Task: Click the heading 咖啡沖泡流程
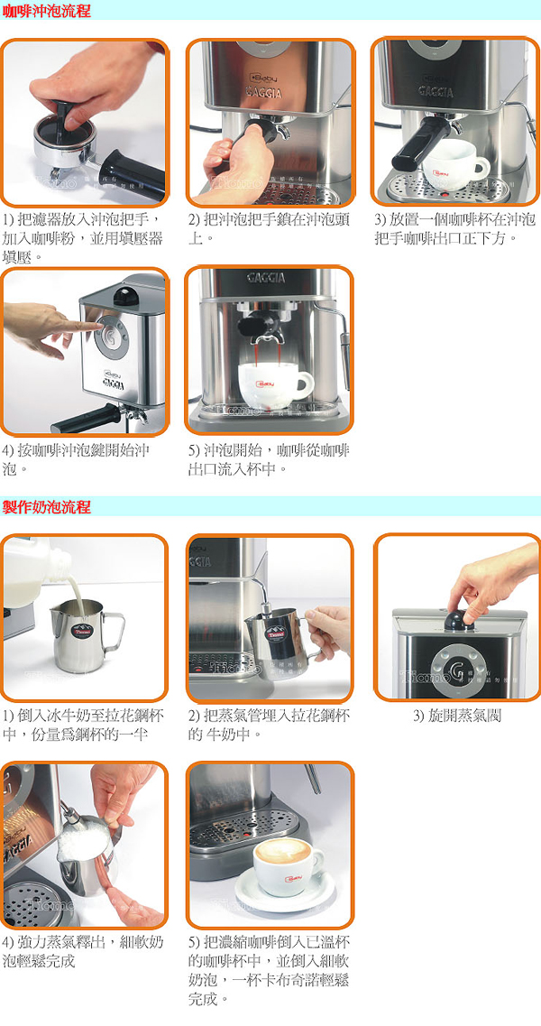pos(47,11)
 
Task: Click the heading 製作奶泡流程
pos(47,506)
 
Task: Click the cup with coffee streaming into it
pos(274,385)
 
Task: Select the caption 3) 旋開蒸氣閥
pos(456,716)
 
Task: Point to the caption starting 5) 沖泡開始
pos(269,459)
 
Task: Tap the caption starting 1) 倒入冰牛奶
pos(83,725)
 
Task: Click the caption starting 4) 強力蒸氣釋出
pos(83,951)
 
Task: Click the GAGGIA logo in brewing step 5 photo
pos(267,277)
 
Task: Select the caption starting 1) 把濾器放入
pos(83,236)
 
